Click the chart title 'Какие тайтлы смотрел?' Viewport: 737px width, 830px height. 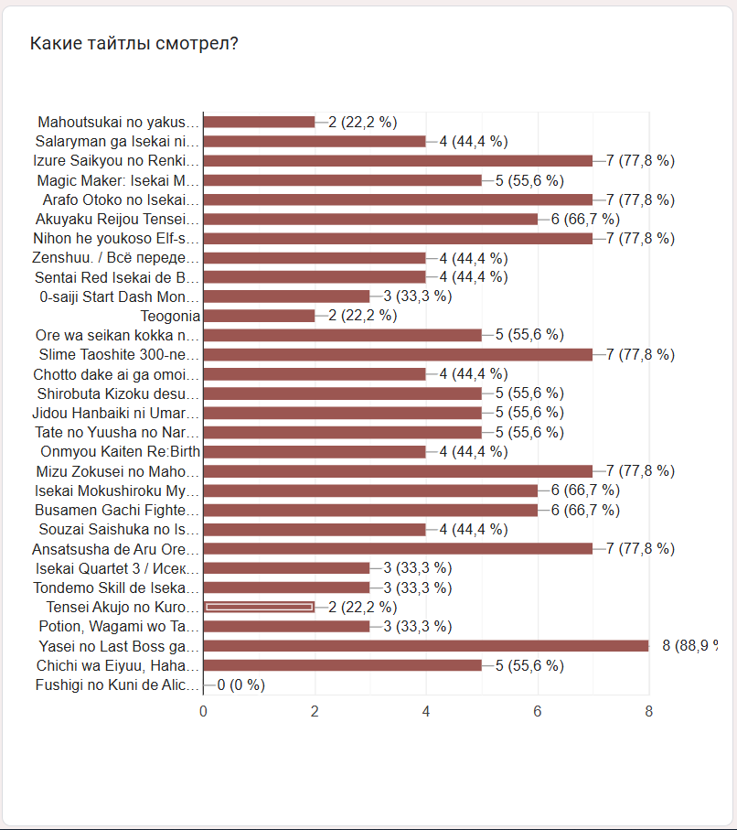pos(134,43)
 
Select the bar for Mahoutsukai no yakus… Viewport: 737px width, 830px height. pos(259,122)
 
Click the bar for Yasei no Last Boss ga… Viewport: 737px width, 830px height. pos(425,646)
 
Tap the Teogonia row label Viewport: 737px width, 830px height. pos(170,316)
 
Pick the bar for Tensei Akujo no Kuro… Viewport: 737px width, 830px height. pos(259,607)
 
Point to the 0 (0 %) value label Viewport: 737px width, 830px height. pos(240,684)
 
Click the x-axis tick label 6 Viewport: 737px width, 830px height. pos(538,711)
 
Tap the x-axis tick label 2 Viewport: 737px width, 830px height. pos(315,711)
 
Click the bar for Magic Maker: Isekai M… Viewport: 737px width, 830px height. pos(342,180)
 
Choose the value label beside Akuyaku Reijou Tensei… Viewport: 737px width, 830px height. pos(585,219)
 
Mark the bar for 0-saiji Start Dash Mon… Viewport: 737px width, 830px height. pos(286,296)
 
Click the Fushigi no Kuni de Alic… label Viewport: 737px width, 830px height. pos(116,684)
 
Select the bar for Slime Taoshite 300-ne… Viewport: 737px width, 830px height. pos(398,354)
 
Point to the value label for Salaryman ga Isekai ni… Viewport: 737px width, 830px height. pos(474,141)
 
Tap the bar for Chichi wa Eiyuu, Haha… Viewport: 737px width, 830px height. pos(342,665)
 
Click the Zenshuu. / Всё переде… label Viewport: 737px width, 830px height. pos(115,258)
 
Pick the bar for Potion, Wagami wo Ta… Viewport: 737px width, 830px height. pos(286,626)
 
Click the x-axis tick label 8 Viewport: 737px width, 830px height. pos(648,711)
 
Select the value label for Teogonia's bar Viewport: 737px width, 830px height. pos(362,316)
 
